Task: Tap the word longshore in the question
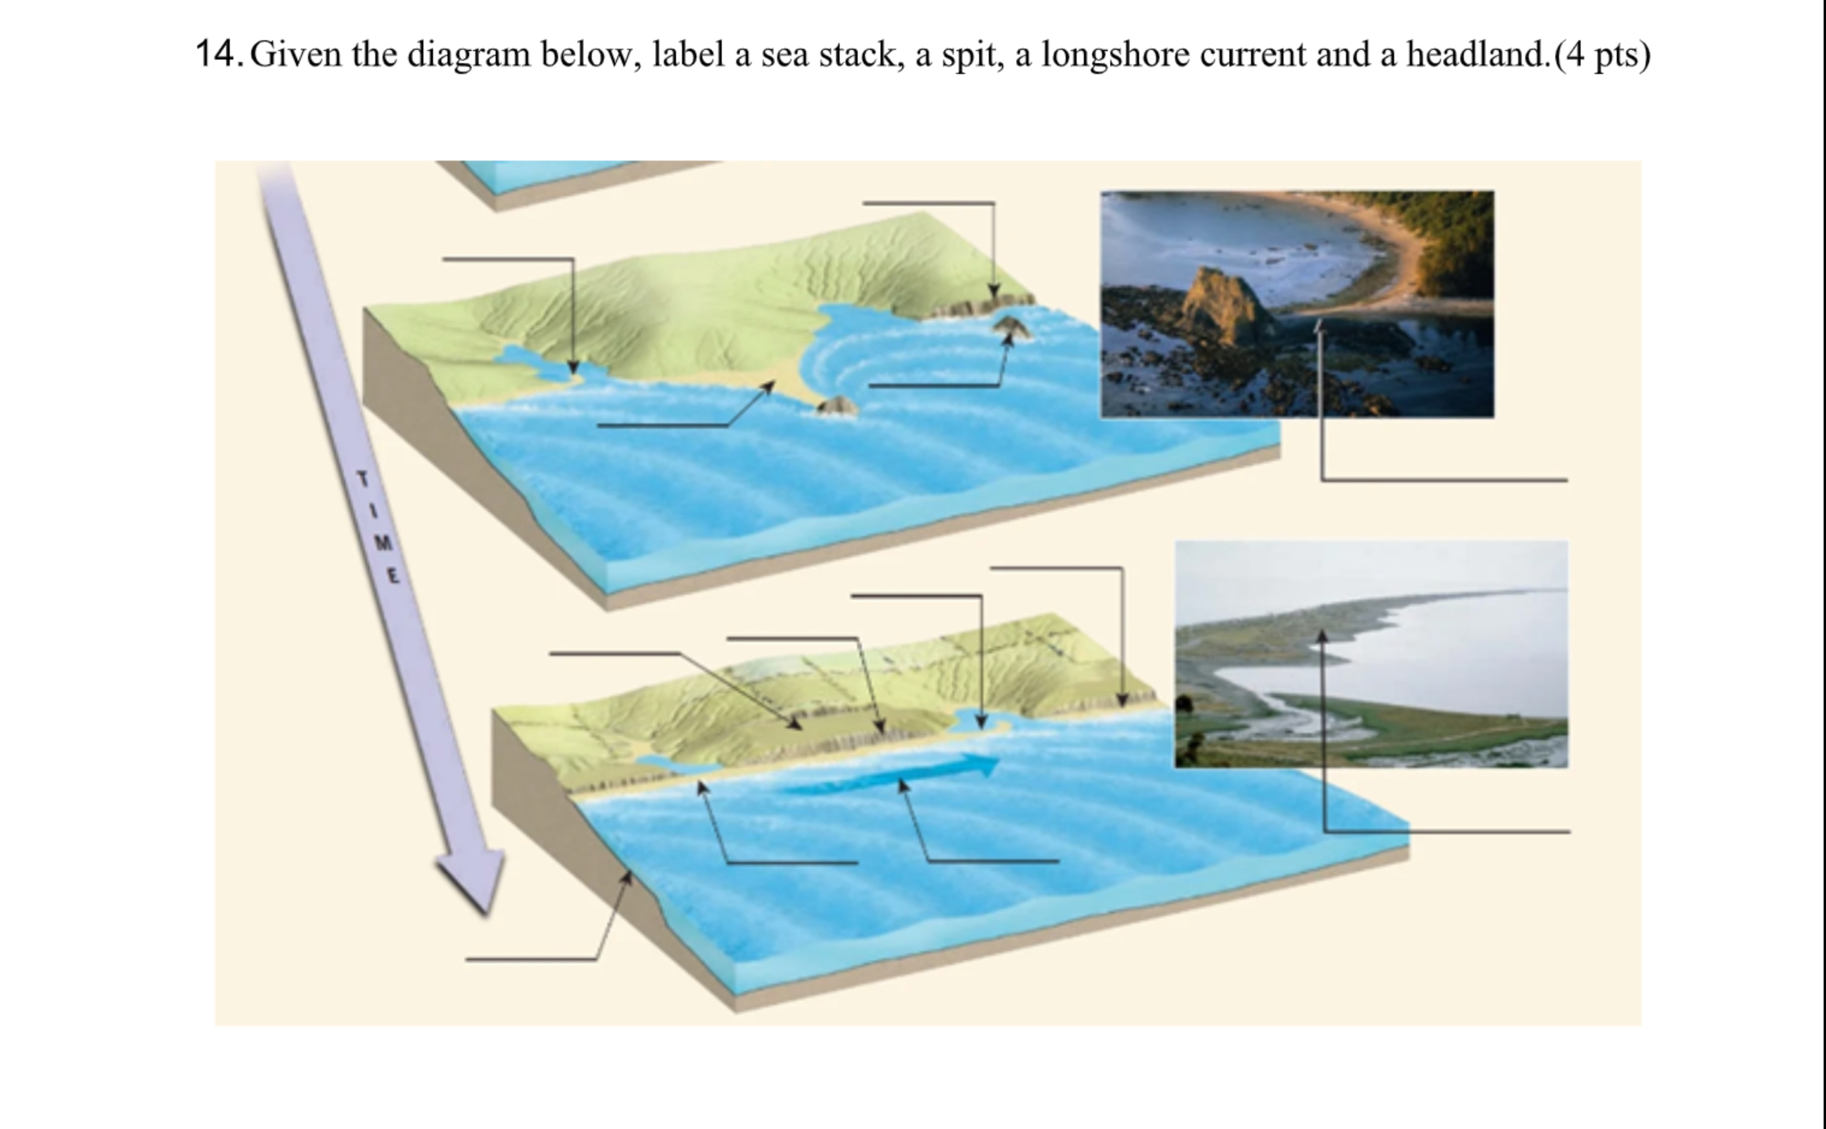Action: tap(1116, 54)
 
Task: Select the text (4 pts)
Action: tap(1603, 54)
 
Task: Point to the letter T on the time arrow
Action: tap(363, 480)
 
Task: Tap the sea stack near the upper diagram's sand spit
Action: tap(837, 406)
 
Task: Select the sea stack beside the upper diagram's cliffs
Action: tap(1012, 326)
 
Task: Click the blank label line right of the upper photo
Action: tap(1444, 480)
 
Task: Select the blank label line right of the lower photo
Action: tap(1448, 831)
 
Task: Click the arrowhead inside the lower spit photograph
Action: tap(1321, 636)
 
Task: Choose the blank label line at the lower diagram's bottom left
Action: tap(530, 959)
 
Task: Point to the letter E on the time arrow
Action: tap(393, 576)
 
